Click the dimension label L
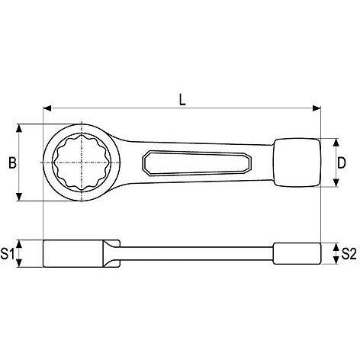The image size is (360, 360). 182,99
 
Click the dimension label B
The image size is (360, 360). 12,162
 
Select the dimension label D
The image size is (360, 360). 342,162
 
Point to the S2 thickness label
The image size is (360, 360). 349,253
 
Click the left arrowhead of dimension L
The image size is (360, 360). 47,108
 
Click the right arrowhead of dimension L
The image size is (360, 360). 317,108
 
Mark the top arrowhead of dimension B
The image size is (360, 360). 19,128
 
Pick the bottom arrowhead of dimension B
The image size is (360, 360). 19,197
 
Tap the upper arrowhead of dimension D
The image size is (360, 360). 336,143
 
